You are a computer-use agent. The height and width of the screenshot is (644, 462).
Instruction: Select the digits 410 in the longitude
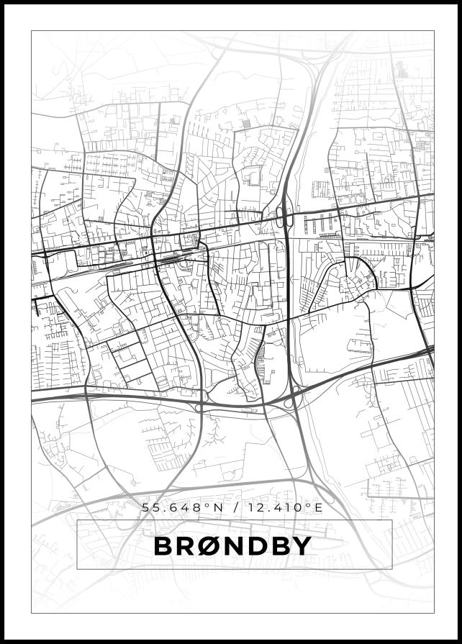click(286, 508)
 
